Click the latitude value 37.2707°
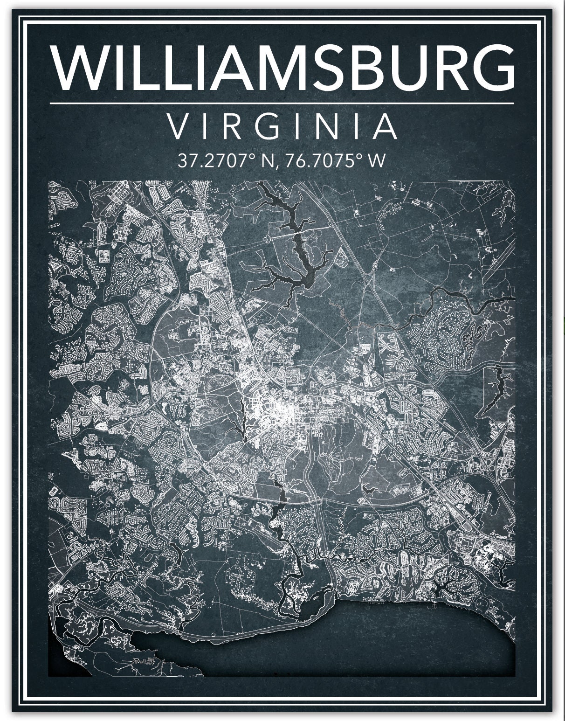click(x=218, y=161)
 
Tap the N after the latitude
click(x=268, y=161)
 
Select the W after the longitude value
click(x=377, y=161)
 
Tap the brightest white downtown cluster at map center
click(x=275, y=410)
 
